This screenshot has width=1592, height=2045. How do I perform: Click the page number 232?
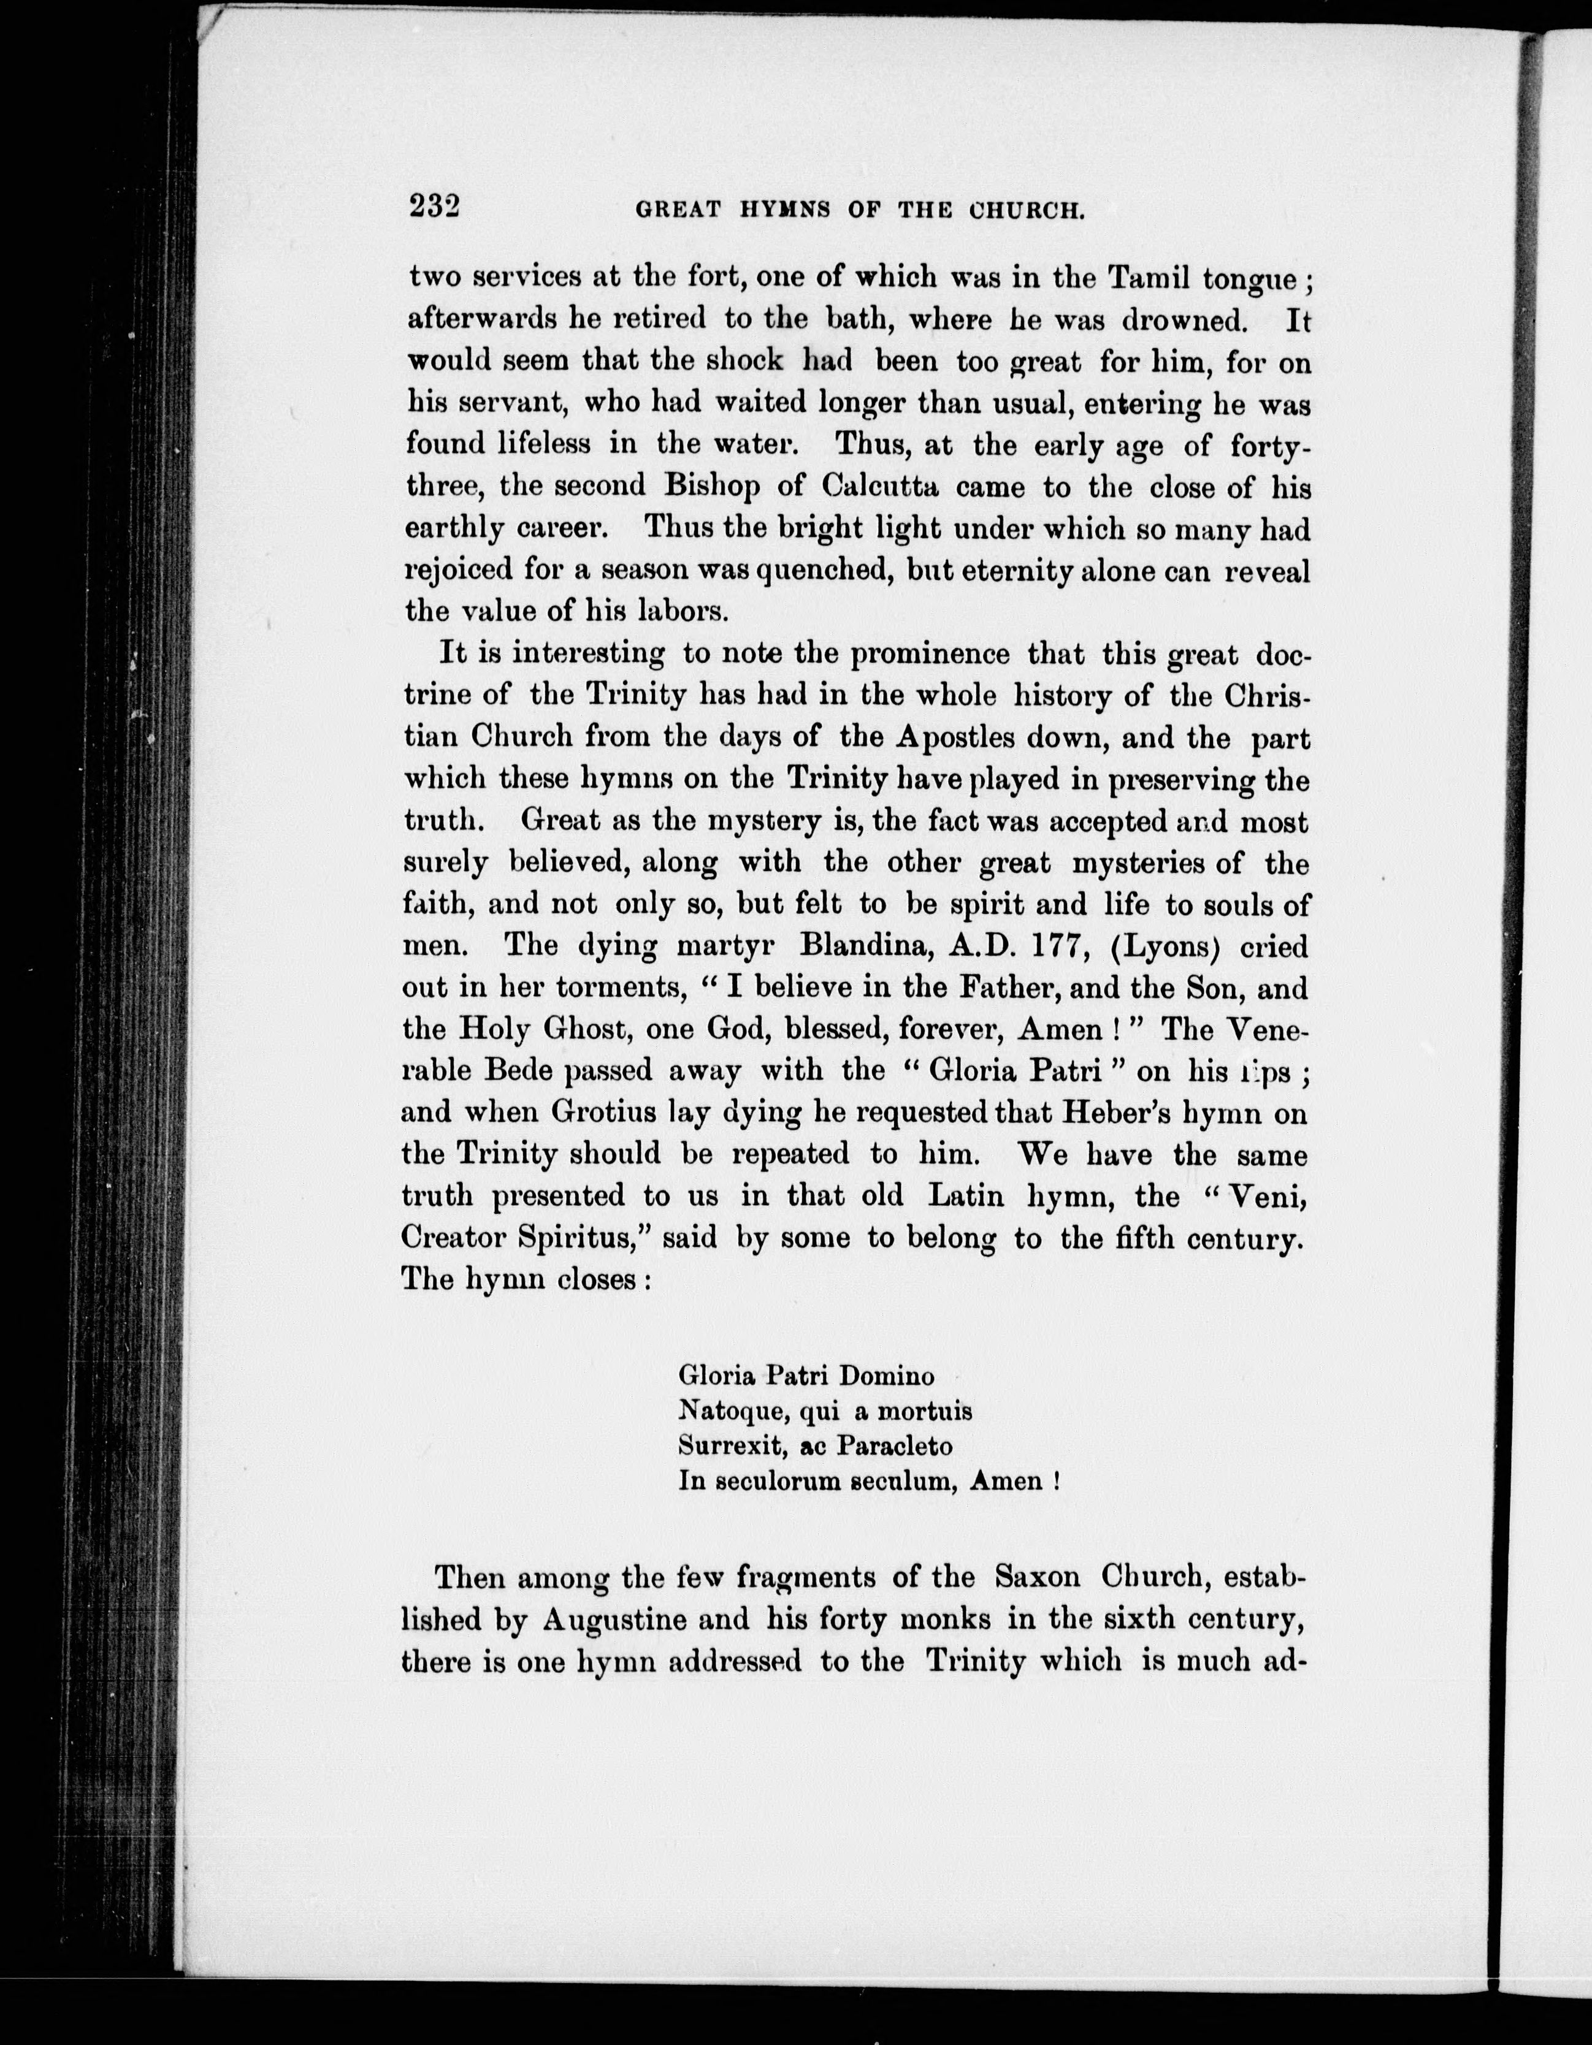[x=434, y=205]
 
